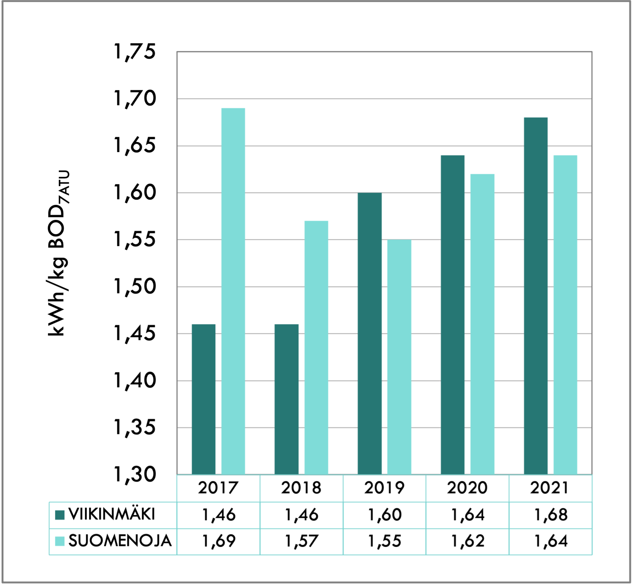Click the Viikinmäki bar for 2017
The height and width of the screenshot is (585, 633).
204,399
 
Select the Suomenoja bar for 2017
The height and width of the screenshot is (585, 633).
233,291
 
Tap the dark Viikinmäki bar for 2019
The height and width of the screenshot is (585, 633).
369,333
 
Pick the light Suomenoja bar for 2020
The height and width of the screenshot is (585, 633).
482,324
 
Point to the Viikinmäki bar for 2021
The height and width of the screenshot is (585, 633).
536,296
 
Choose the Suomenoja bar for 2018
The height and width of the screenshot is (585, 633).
316,348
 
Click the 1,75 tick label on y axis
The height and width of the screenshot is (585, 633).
134,52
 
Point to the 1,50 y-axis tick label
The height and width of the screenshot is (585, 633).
134,287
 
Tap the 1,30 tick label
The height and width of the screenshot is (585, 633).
134,475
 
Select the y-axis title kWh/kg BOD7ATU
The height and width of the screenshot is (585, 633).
58,253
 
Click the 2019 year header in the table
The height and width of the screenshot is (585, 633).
384,488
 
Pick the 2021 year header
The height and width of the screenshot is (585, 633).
550,488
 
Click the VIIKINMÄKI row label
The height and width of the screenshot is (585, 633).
112,515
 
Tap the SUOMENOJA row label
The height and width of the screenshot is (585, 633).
120,541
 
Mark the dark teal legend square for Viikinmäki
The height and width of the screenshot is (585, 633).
60,515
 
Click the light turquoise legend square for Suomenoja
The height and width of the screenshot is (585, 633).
60,541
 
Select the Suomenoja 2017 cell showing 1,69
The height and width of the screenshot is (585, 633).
219,541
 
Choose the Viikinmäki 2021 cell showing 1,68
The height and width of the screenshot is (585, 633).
551,515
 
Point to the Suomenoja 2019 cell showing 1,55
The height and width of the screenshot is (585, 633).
384,541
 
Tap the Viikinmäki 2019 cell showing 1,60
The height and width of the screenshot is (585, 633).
384,515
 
